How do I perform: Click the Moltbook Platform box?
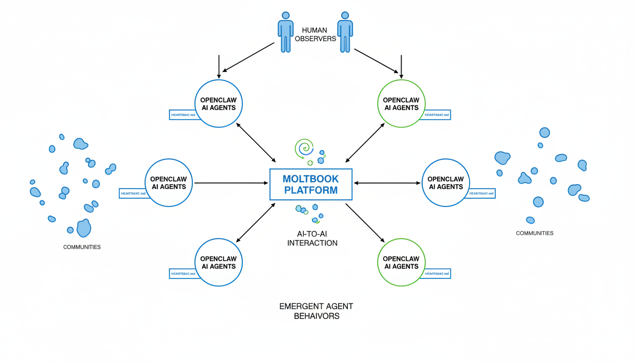[x=311, y=184]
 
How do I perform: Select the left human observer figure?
[x=285, y=32]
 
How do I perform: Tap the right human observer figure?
[x=345, y=32]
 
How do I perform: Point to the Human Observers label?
[x=315, y=35]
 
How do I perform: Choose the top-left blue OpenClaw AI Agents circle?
[x=218, y=104]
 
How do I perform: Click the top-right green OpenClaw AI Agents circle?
[x=401, y=104]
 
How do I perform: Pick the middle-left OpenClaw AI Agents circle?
[x=168, y=182]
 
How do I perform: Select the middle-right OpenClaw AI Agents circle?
[x=445, y=182]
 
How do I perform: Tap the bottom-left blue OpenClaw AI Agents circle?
[x=218, y=262]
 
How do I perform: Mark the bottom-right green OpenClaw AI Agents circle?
[x=401, y=262]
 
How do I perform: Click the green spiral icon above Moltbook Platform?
[x=304, y=148]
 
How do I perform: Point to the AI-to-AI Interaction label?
[x=312, y=239]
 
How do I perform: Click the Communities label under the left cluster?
[x=82, y=247]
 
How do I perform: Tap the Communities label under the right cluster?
[x=534, y=233]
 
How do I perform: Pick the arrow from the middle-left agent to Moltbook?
[x=231, y=182]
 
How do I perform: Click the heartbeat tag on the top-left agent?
[x=183, y=114]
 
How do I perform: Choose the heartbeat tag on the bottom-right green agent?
[x=436, y=273]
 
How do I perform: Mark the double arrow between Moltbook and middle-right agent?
[x=387, y=182]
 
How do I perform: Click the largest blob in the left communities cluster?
[x=84, y=228]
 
